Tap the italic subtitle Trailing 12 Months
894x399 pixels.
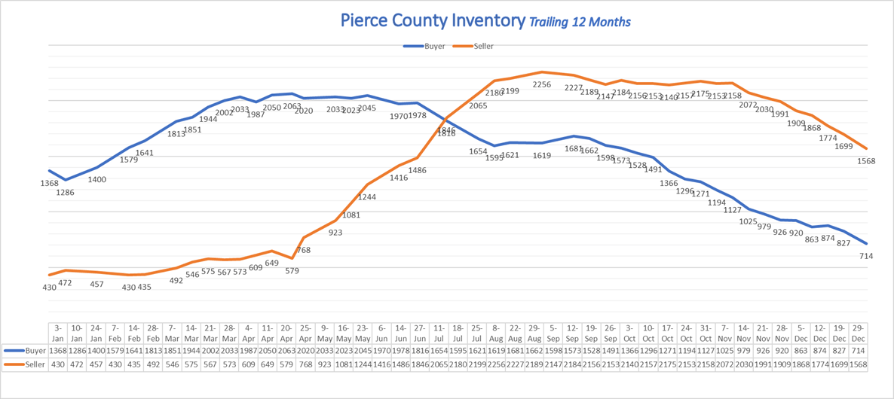pyautogui.click(x=579, y=22)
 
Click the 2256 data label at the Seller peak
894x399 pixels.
pyautogui.click(x=542, y=85)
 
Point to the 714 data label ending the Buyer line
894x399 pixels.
pyautogui.click(x=866, y=256)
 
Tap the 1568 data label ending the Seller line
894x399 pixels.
pyautogui.click(x=866, y=161)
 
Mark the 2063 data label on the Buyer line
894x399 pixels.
pyautogui.click(x=292, y=107)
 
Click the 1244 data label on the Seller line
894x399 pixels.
pyautogui.click(x=367, y=197)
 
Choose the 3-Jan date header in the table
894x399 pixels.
pyautogui.click(x=59, y=333)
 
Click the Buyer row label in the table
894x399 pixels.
pyautogui.click(x=27, y=351)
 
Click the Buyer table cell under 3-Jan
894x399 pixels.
pyautogui.click(x=59, y=351)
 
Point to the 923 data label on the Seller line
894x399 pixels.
pyautogui.click(x=335, y=233)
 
